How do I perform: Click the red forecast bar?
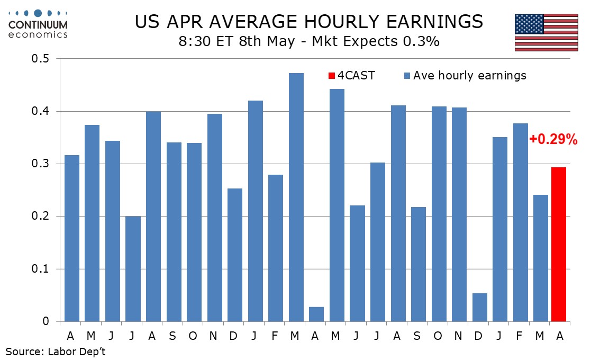558,244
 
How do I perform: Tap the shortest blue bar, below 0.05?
316,314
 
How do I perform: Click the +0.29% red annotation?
553,140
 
